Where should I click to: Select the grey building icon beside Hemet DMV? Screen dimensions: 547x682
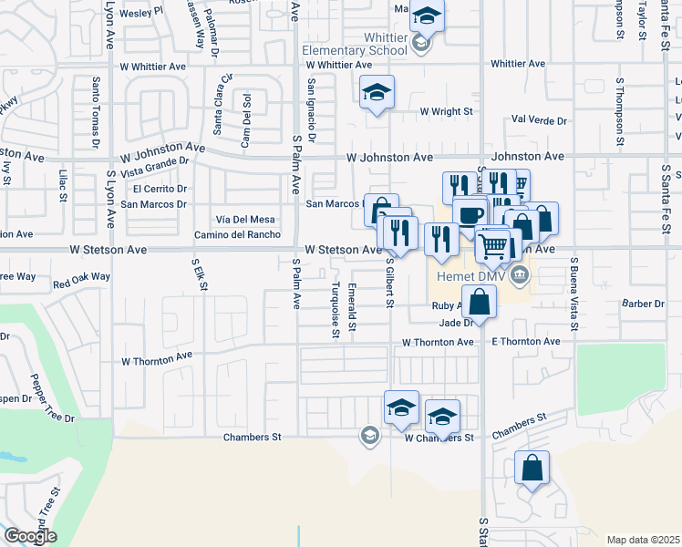point(519,274)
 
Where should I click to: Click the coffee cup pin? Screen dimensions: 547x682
point(470,216)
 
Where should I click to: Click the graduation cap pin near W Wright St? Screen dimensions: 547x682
point(377,92)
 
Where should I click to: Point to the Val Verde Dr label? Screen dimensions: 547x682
point(539,120)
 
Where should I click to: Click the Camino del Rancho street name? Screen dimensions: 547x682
point(237,234)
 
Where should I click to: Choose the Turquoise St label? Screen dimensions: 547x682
point(336,310)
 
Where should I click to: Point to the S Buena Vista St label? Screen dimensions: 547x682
point(574,294)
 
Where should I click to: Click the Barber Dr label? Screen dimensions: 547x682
point(643,304)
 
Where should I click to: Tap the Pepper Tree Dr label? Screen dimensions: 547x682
point(51,397)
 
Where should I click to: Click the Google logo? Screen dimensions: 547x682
point(29,536)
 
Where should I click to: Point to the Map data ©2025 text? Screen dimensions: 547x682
point(643,540)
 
